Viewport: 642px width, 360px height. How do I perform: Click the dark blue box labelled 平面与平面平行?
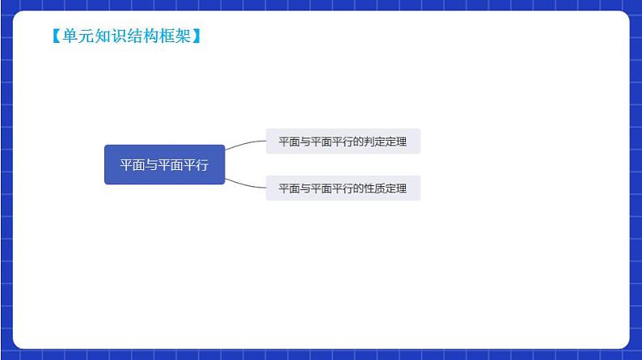pos(164,165)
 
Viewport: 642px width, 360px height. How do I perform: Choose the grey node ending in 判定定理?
pos(343,142)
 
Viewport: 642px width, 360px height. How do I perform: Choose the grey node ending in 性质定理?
pos(343,188)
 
